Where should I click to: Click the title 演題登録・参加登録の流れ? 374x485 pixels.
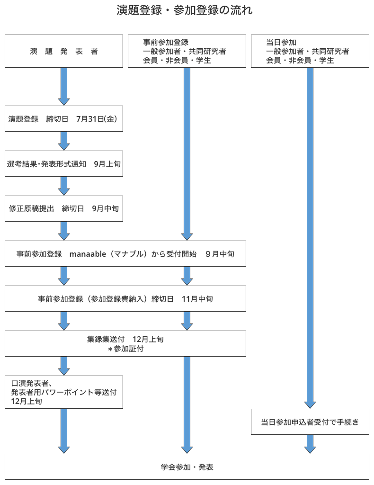[x=185, y=10]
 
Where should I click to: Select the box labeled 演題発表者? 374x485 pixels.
[x=64, y=51]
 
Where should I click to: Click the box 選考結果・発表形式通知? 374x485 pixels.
[x=64, y=164]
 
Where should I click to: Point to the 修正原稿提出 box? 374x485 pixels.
[x=64, y=208]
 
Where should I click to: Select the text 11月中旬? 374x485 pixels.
[x=197, y=299]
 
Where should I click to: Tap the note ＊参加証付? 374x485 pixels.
[x=125, y=349]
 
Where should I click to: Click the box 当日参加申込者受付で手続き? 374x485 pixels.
[x=310, y=422]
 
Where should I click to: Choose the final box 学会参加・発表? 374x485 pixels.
[x=187, y=467]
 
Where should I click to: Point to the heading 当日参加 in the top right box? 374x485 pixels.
[x=281, y=42]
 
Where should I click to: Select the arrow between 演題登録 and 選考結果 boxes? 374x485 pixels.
[x=64, y=141]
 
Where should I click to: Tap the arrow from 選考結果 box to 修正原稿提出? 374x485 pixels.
[x=64, y=186]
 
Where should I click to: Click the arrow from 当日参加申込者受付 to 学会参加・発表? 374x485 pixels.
[x=310, y=444]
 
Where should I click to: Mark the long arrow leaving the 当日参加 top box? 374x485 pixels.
[x=310, y=237]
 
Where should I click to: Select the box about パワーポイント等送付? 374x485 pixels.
[x=64, y=392]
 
